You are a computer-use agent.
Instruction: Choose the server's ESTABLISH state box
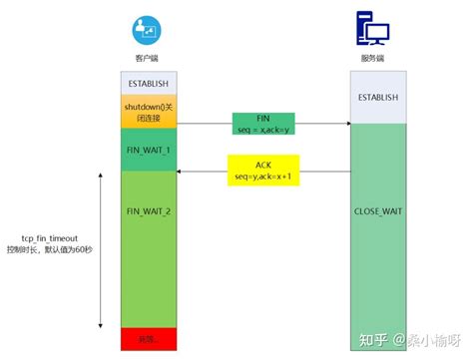(377, 98)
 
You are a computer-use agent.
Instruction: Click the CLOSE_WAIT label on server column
(377, 212)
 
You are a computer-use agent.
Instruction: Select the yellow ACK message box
(262, 171)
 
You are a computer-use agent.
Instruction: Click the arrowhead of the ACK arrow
(181, 171)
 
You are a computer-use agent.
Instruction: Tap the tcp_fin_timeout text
(49, 239)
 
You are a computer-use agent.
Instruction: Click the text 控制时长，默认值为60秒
(50, 251)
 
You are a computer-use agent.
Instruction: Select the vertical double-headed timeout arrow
(102, 249)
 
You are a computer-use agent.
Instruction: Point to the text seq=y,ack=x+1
(262, 178)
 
